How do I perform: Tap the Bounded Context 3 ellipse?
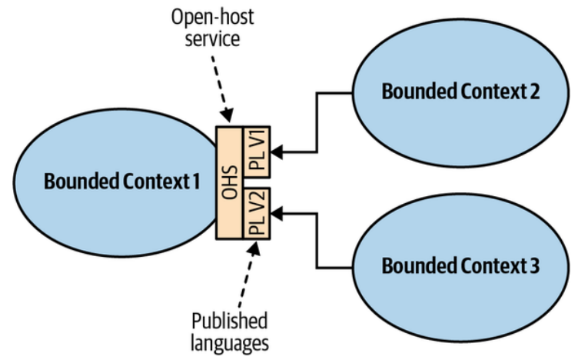click(x=460, y=266)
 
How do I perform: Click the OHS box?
click(x=228, y=182)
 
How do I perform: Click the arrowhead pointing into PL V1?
click(x=277, y=154)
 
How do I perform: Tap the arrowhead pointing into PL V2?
click(x=277, y=208)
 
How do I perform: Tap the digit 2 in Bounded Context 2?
click(x=533, y=91)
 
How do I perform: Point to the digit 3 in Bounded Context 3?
click(x=534, y=266)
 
